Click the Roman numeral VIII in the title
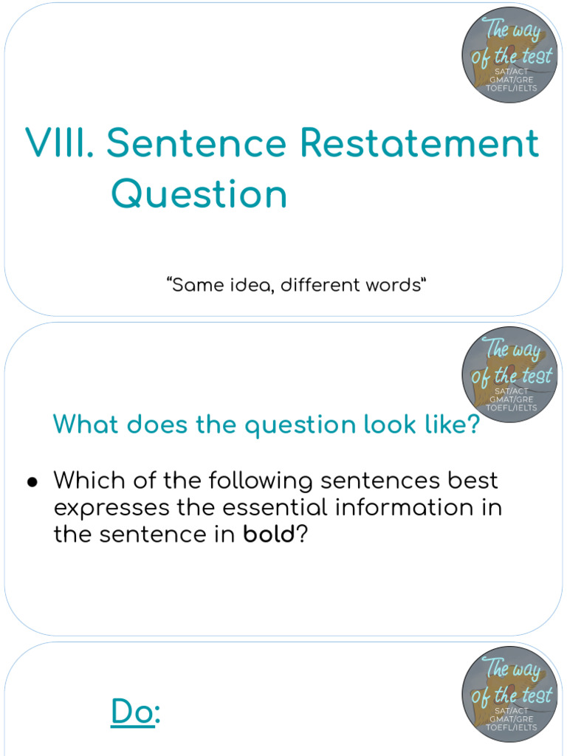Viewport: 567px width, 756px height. (57, 143)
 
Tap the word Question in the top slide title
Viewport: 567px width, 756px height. (199, 195)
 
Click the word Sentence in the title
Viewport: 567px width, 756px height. (196, 143)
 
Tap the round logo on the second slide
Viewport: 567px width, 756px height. (511, 374)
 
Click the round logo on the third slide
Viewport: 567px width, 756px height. (511, 693)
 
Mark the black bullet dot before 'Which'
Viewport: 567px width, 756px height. (32, 482)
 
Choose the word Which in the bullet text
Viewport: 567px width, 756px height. (88, 481)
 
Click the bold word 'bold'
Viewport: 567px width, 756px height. (269, 535)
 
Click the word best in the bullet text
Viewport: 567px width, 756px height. (469, 481)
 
